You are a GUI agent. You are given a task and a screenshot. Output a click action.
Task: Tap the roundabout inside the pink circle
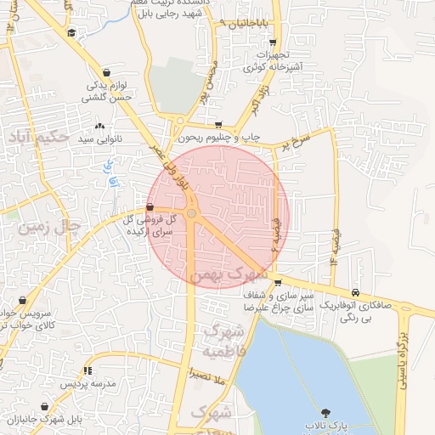(192, 214)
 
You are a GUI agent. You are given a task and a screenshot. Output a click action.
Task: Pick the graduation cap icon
(72, 32)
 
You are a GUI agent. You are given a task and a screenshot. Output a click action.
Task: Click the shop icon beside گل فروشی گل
(150, 206)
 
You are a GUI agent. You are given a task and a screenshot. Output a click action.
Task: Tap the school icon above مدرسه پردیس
(88, 370)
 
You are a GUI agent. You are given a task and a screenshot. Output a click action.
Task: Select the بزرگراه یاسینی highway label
(400, 365)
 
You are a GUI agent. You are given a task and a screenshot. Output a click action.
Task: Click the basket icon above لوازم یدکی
(106, 73)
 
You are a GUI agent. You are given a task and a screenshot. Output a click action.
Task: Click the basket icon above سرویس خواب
(22, 300)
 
